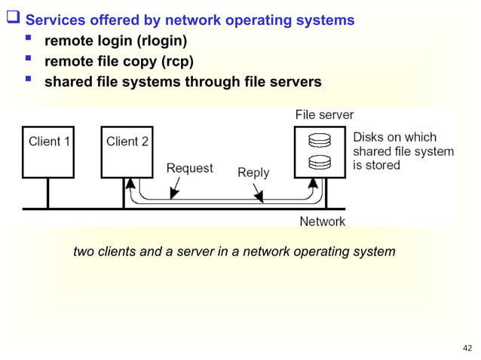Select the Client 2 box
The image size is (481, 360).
(127, 151)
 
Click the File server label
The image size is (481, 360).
(324, 115)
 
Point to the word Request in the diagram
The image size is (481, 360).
(189, 169)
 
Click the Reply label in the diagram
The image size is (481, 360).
(253, 172)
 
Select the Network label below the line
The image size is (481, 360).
(323, 221)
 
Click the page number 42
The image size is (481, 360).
(467, 348)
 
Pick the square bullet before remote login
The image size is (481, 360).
(29, 40)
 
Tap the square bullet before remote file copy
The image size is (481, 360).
(29, 60)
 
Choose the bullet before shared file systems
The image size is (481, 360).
(29, 81)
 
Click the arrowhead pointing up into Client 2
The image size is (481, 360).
(130, 183)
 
